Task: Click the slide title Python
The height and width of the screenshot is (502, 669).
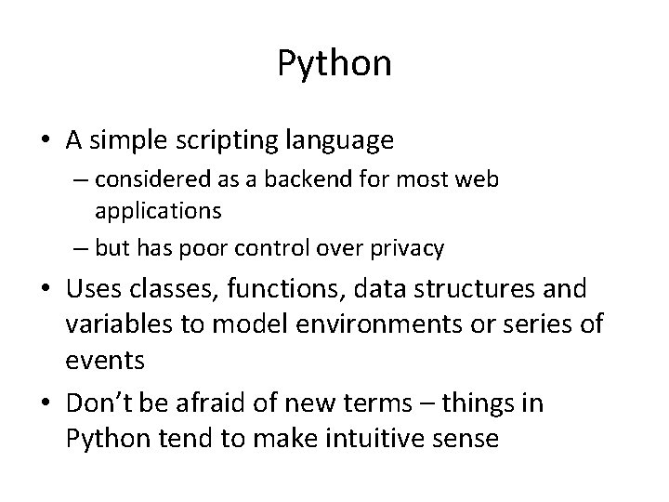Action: click(x=334, y=63)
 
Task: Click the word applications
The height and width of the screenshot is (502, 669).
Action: click(x=158, y=211)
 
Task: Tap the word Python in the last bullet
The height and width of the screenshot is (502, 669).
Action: click(x=105, y=439)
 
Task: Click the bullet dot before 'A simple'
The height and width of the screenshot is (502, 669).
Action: click(x=46, y=141)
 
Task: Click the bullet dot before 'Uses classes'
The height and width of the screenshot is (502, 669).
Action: click(x=46, y=290)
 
